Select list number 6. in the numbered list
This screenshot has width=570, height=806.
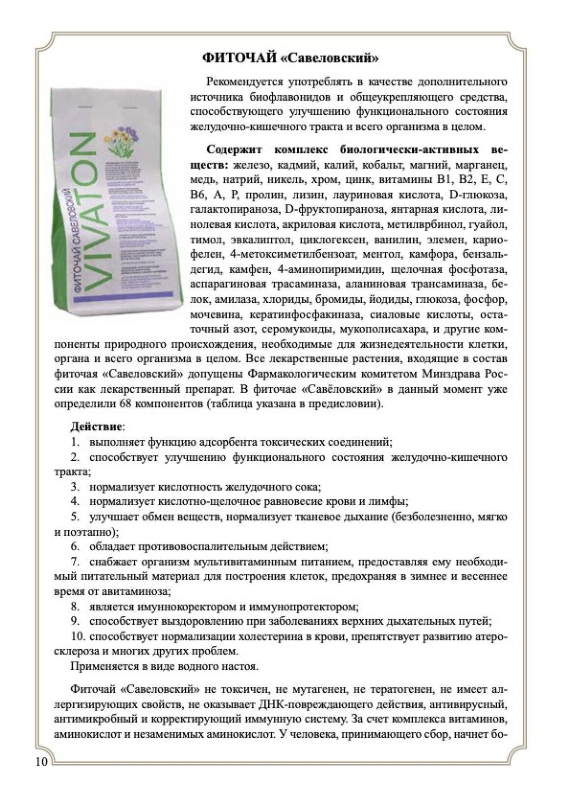[x=75, y=546]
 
